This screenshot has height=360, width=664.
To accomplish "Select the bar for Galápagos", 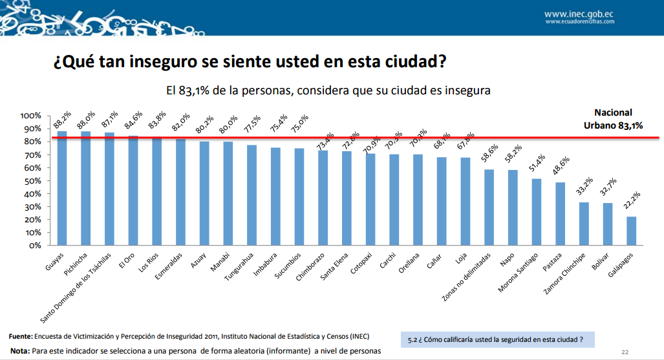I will [x=631, y=231].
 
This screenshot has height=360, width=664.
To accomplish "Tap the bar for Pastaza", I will [x=560, y=214].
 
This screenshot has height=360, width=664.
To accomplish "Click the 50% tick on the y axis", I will [x=32, y=181].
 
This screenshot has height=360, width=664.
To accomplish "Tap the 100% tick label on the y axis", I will [x=30, y=116].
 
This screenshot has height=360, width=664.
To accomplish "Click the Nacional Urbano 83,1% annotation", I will [x=614, y=119].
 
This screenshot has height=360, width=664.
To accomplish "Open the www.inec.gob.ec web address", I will [x=579, y=13].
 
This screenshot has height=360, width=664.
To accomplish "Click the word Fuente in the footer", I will [x=20, y=337].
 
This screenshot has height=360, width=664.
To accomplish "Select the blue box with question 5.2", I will [x=497, y=339].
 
